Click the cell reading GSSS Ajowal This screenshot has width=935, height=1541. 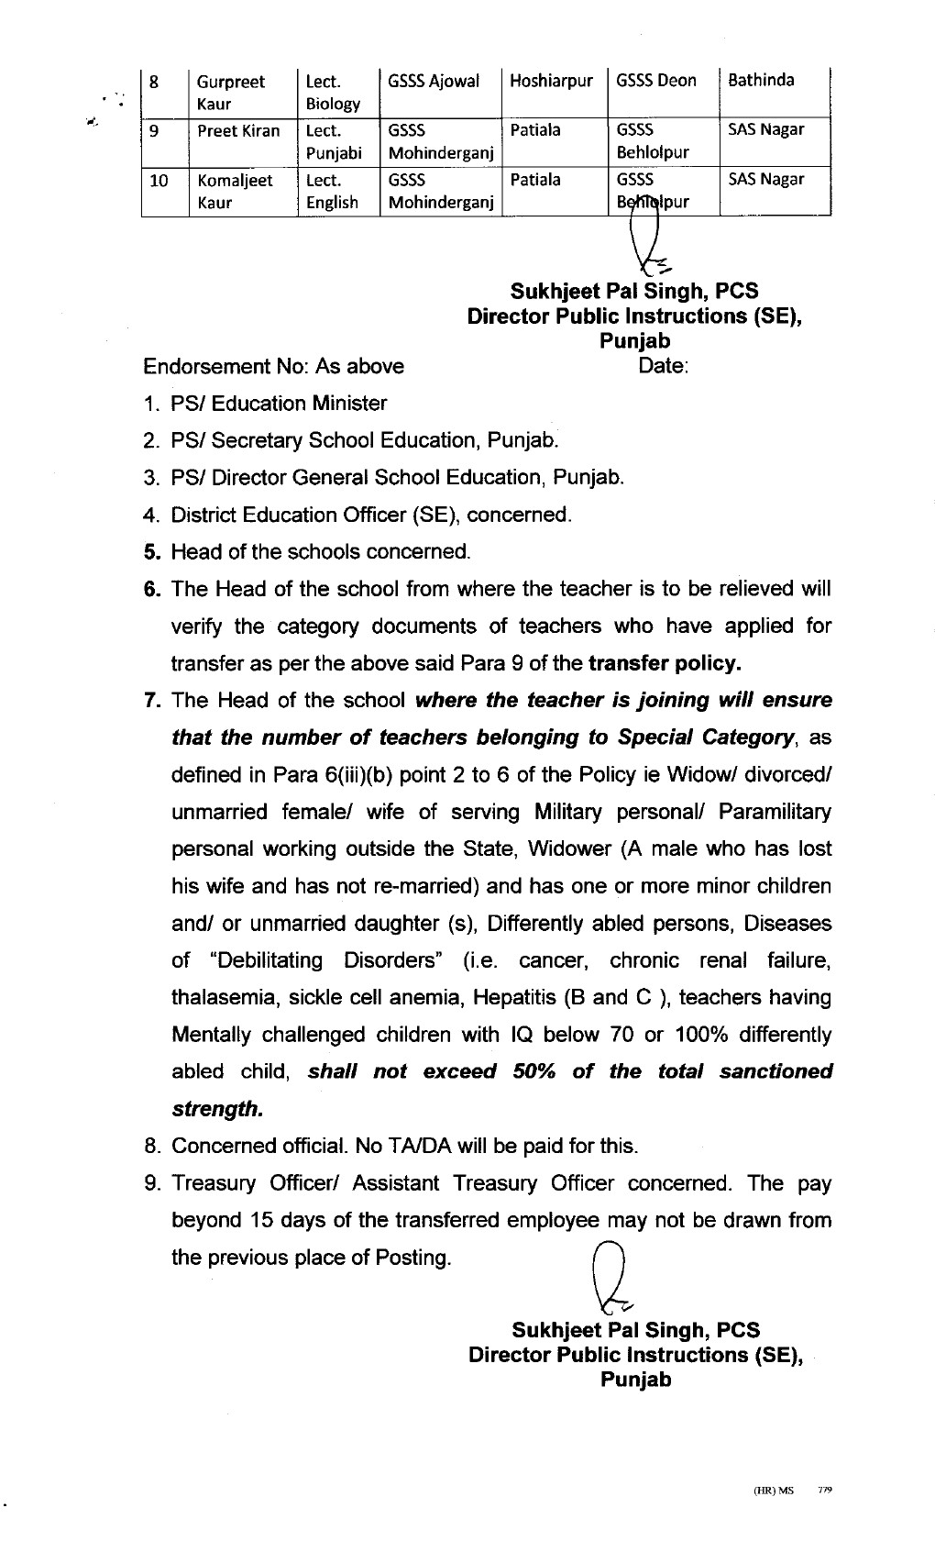(x=434, y=81)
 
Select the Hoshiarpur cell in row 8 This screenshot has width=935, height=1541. (x=551, y=81)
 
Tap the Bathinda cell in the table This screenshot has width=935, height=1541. (x=761, y=80)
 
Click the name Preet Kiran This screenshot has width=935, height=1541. (x=238, y=130)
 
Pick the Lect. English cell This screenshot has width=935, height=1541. (x=332, y=191)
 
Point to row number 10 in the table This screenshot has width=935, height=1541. (x=159, y=181)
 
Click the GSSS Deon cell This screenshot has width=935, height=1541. (x=656, y=81)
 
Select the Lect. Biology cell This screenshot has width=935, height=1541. (x=332, y=92)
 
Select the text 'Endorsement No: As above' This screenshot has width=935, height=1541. (x=273, y=367)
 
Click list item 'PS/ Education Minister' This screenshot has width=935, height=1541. (x=279, y=404)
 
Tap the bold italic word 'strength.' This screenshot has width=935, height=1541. (x=217, y=1109)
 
